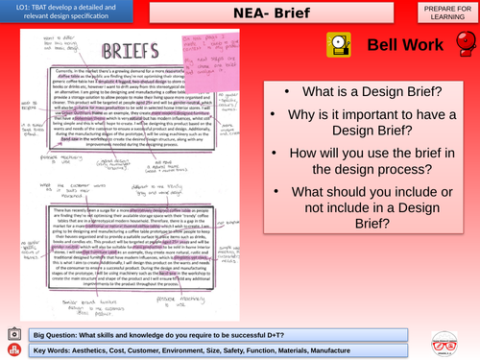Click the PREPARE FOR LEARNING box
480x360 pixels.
click(441, 13)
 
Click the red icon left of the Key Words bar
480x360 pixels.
click(12, 349)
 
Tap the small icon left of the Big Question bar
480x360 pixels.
click(12, 332)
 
